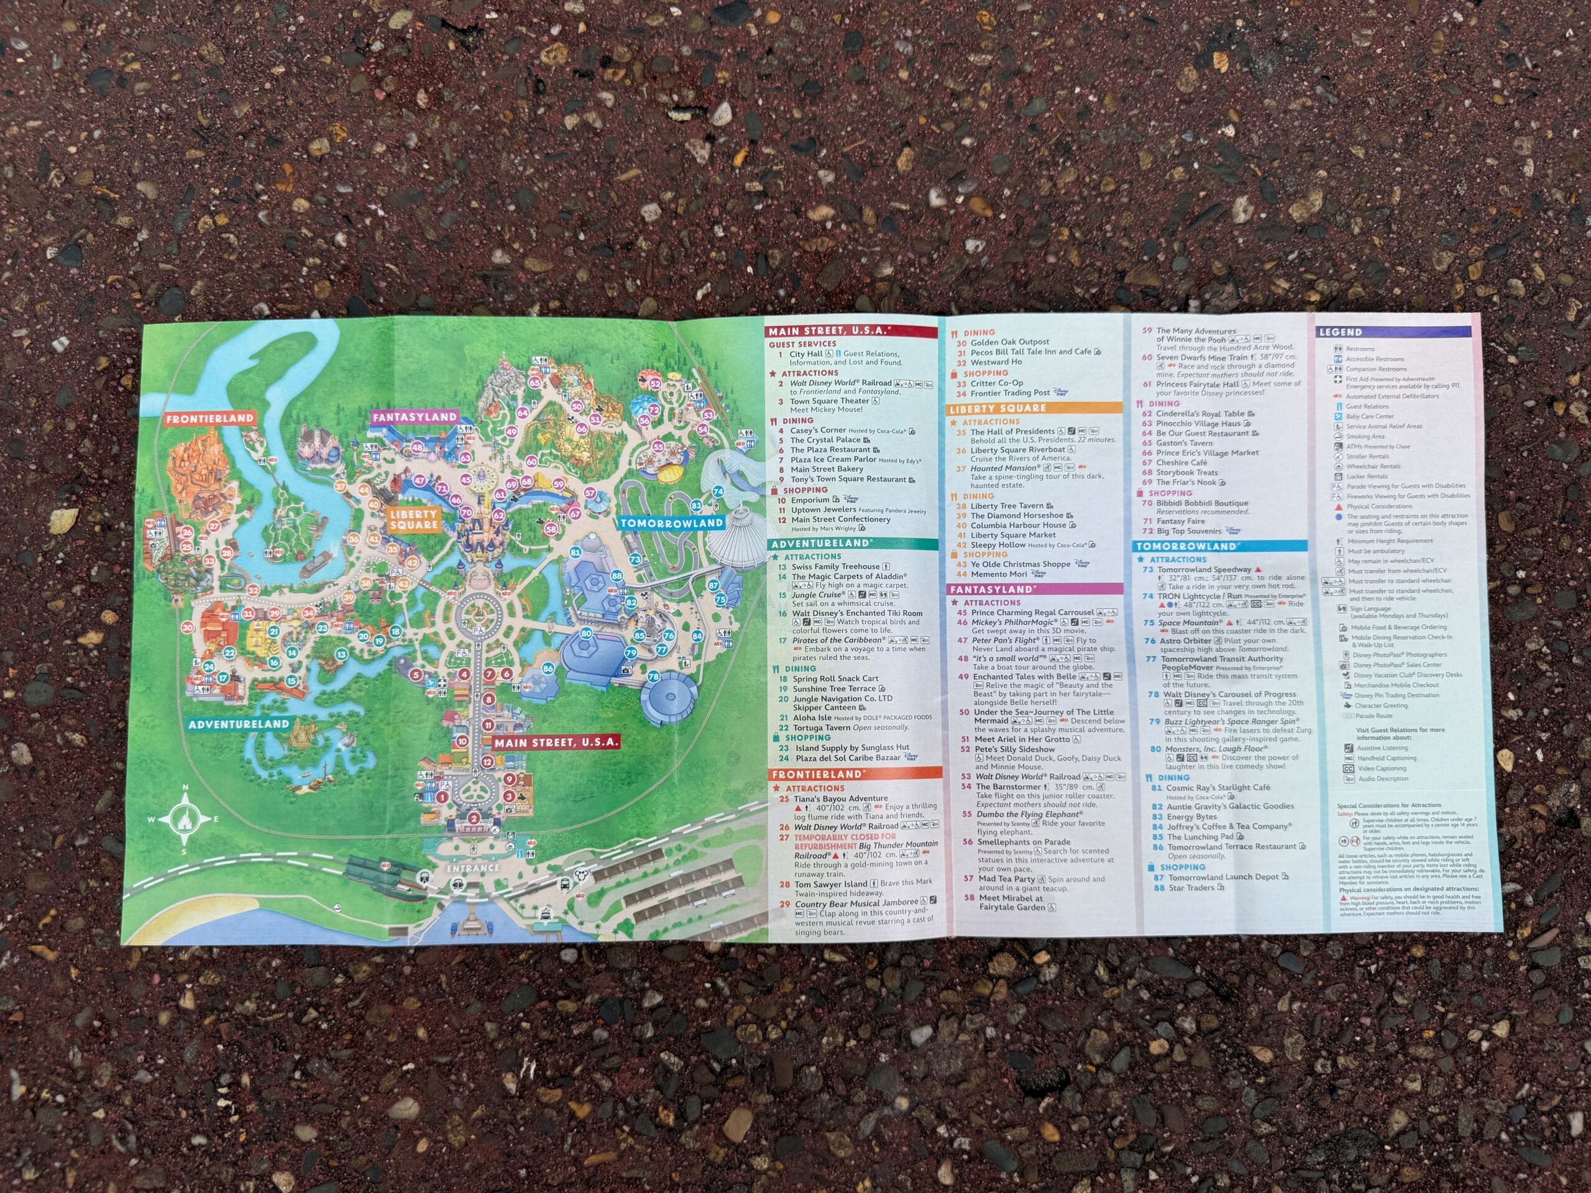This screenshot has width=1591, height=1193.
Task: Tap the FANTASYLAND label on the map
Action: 415,416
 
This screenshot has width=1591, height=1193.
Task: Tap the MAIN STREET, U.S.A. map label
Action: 556,742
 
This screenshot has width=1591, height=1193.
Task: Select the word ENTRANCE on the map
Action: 472,868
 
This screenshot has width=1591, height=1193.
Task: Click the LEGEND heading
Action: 1340,332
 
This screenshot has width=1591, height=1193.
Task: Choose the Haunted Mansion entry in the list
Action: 1006,468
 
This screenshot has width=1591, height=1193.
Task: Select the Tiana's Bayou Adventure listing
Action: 838,798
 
